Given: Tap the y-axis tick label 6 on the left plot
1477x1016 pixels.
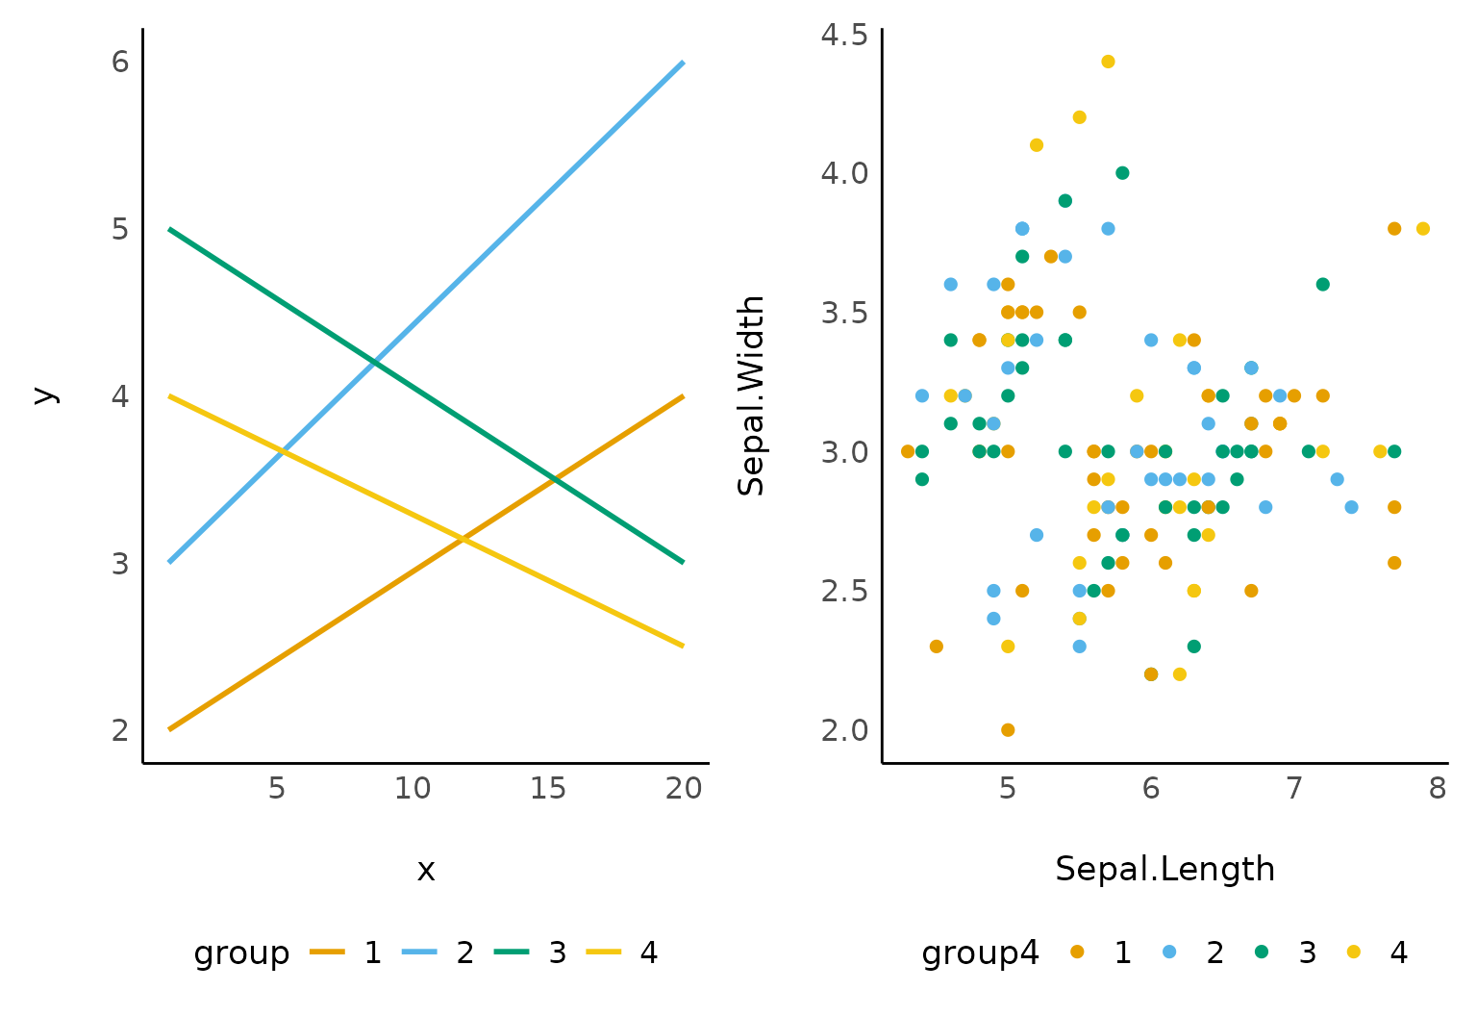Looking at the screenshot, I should pos(120,63).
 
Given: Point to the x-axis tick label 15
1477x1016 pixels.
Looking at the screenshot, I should pos(548,789).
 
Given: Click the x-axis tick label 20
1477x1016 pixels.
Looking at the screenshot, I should pos(684,789).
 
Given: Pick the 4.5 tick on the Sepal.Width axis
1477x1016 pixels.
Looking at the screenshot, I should pos(844,35).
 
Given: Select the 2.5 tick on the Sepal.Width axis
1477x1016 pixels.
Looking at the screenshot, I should pos(844,591).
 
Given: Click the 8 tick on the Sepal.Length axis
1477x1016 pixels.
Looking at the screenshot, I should pos(1438,789).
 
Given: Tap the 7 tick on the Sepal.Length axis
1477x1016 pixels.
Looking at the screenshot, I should pos(1294,789).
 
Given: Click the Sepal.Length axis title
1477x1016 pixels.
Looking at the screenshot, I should pos(1164,869).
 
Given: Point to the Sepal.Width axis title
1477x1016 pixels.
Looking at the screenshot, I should pos(751,395).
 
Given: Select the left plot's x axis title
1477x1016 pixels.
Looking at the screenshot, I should pos(426,871).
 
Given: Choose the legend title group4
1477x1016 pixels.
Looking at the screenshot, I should pos(980,952).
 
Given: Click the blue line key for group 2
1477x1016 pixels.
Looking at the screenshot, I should pos(419,952).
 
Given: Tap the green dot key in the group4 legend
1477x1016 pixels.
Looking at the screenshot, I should pos(1262,952).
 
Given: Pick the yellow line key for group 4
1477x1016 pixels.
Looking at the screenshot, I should pos(603,952).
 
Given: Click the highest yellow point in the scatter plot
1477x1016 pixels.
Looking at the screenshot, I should pos(1108,62).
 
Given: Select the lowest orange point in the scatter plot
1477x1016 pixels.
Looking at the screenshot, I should pos(1008,729).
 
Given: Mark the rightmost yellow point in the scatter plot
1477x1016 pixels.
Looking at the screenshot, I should pos(1423,229).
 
